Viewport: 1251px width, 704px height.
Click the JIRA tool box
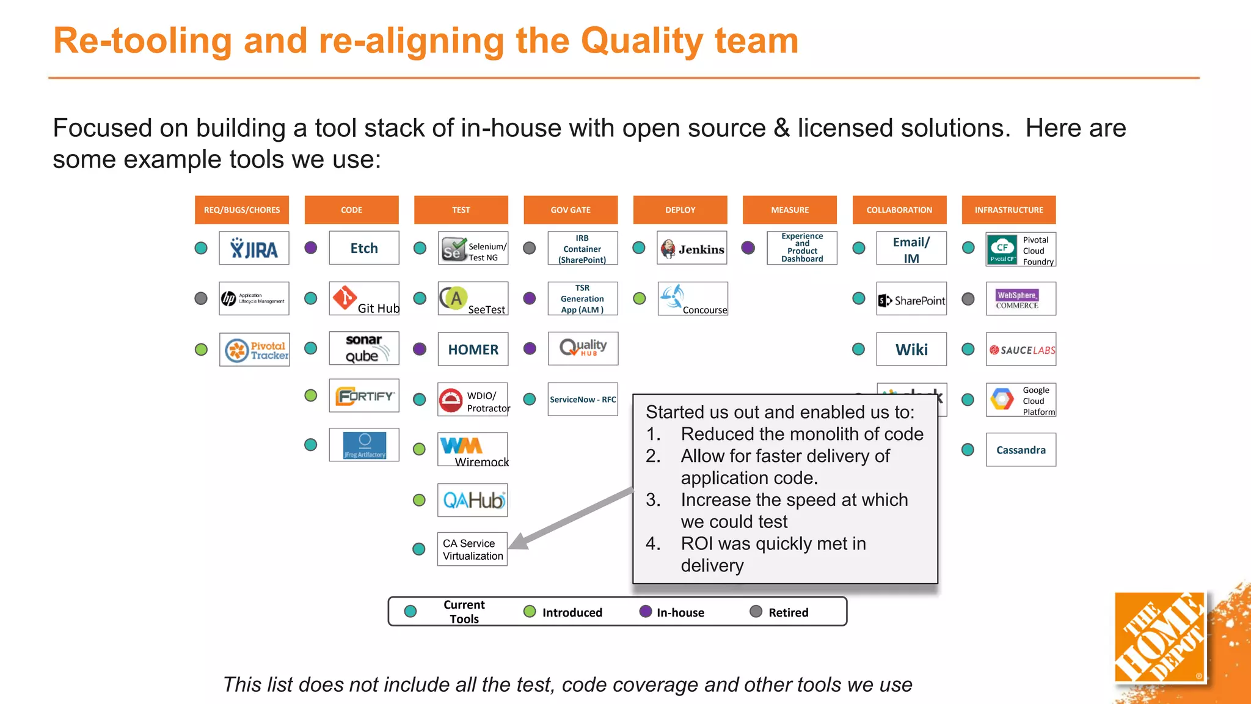[x=253, y=248]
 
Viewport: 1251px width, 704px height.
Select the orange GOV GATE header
[x=571, y=210]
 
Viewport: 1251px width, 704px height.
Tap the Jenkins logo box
[x=692, y=248]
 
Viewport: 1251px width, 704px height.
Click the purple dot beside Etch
[x=311, y=248]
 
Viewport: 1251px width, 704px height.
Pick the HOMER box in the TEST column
[x=473, y=349]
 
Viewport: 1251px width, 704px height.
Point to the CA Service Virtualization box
[x=472, y=549]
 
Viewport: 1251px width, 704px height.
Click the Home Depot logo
[x=1159, y=637]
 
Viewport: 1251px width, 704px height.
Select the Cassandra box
[x=1021, y=450]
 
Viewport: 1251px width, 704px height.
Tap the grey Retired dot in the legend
[x=756, y=612]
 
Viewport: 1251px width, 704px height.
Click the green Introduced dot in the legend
[x=530, y=612]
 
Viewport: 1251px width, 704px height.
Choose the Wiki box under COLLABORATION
[x=911, y=349]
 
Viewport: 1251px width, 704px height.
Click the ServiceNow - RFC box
[x=583, y=399]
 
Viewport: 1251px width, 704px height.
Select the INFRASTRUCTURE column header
[x=1008, y=210]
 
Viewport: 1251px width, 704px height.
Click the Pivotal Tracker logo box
[x=255, y=350]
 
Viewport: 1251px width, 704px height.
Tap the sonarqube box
[x=364, y=348]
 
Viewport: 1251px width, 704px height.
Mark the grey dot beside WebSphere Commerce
[x=968, y=299]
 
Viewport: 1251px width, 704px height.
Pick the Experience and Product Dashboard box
[x=801, y=248]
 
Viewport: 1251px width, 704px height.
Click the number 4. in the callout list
[x=653, y=543]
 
